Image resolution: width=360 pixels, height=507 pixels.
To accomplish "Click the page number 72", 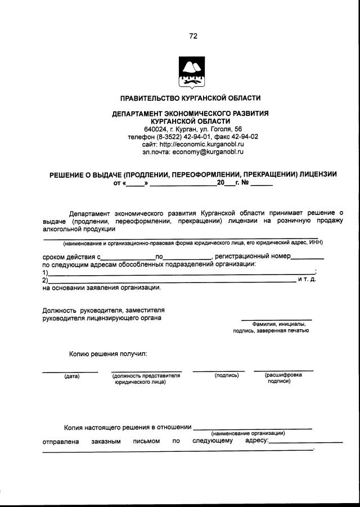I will (x=193, y=36).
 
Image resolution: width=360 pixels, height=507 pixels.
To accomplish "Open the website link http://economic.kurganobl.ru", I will (x=201, y=144).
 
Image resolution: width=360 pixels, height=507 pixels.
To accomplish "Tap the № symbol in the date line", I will (x=245, y=183).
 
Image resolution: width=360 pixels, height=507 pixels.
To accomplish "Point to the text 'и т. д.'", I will (x=307, y=280).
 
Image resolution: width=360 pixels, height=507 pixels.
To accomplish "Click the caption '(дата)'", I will (x=71, y=376).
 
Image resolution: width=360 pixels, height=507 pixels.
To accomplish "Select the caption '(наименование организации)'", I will (x=248, y=433).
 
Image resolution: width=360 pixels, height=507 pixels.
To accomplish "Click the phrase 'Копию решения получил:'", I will (x=108, y=355).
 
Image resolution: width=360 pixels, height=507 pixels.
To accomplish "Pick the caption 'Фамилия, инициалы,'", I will (x=279, y=324).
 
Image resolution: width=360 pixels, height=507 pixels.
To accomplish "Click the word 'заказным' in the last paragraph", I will (x=106, y=441).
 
